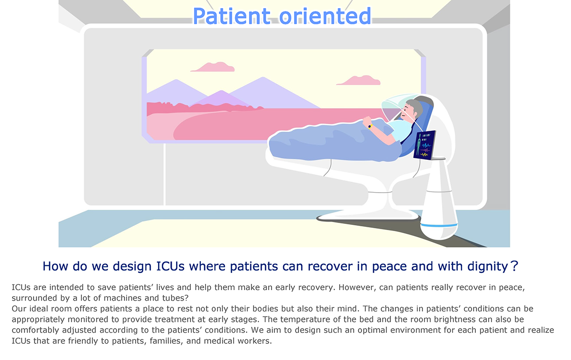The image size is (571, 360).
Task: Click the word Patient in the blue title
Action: (x=231, y=16)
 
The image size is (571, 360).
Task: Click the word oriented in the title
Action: (x=325, y=16)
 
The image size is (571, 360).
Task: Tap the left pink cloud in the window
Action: (x=213, y=67)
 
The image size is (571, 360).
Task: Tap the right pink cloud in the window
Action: (x=359, y=80)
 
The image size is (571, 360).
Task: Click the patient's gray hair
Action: (x=414, y=106)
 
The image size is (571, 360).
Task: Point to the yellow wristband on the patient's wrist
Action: (x=370, y=126)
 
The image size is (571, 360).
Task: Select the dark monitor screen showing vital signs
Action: (x=424, y=145)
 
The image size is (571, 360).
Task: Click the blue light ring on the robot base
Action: (x=439, y=225)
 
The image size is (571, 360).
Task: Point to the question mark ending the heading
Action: (x=514, y=266)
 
